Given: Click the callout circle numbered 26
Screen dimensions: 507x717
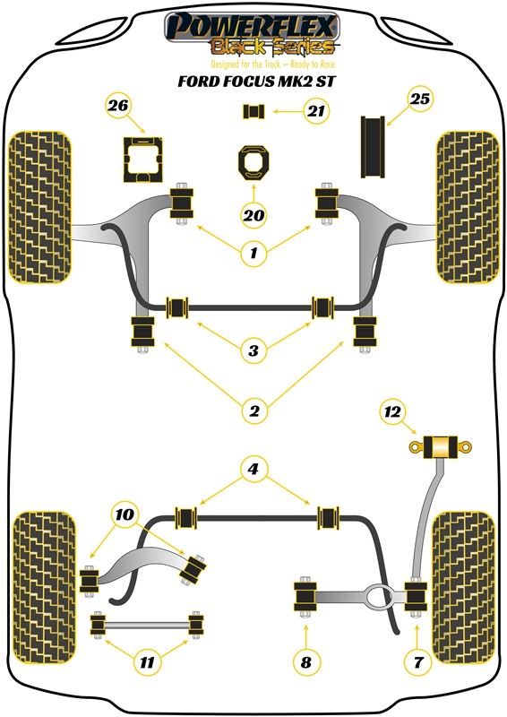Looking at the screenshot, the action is tap(118, 106).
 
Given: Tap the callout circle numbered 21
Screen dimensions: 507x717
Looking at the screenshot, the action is tap(316, 110).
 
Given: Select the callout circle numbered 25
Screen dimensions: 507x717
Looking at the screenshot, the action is tap(420, 99).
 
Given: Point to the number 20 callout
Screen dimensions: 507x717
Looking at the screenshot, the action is tap(253, 214).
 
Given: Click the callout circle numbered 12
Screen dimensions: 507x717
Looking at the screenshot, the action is tap(392, 412).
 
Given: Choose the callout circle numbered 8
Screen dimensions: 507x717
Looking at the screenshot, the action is tap(305, 661).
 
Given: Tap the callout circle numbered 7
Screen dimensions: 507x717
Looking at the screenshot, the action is tap(417, 661).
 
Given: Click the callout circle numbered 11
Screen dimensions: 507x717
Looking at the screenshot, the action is tap(147, 661).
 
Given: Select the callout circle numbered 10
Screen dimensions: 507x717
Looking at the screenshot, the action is tap(125, 514).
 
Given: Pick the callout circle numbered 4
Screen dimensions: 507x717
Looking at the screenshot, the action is tap(253, 468).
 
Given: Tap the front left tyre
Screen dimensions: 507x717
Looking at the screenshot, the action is tap(40, 208).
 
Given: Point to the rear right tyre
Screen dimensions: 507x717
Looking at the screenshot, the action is tap(464, 588).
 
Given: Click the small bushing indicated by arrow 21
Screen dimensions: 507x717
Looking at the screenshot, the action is tap(253, 111).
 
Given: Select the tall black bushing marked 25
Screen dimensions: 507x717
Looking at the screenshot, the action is tap(373, 147).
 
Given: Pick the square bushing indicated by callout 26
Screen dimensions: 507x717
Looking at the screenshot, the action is tap(142, 160).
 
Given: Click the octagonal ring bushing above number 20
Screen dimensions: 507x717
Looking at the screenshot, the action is tap(253, 162).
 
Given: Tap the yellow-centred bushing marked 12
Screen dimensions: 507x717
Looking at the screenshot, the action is tap(440, 447).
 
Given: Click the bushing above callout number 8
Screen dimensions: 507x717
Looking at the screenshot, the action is tap(305, 597).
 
